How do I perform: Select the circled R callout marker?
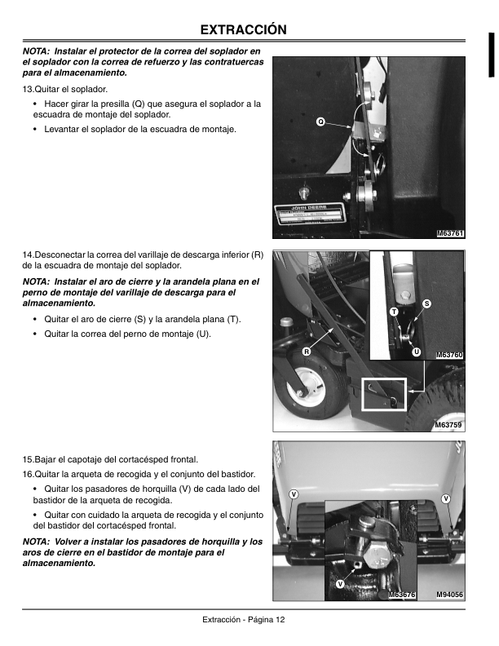[307, 352]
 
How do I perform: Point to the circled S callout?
[426, 304]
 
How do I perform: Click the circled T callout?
[393, 312]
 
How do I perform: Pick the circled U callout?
[416, 352]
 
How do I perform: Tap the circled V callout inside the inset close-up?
[339, 584]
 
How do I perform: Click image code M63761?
[450, 234]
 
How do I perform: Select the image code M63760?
[449, 355]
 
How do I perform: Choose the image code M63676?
[402, 595]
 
